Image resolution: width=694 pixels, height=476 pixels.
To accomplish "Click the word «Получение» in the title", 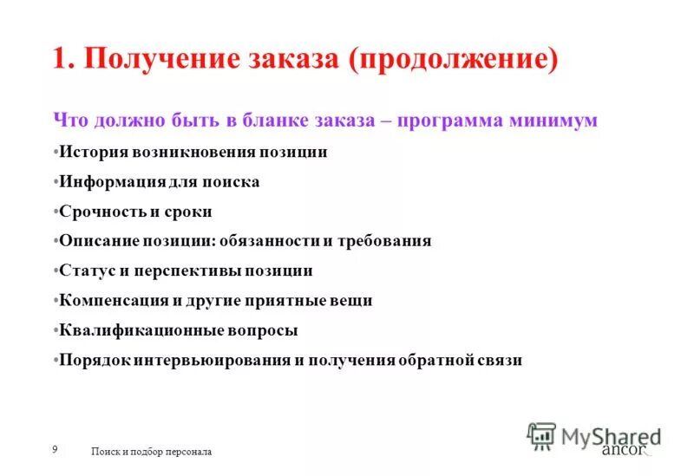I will tap(162, 61).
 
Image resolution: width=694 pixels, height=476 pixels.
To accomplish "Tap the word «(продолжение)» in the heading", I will tap(454, 61).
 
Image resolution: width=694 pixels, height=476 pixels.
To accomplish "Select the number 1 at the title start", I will tap(60, 61).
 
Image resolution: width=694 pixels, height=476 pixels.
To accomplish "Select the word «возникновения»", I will tap(194, 152).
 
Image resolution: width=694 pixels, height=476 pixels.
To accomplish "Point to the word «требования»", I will tap(389, 241).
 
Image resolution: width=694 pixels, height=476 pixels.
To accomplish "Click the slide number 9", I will tap(55, 448).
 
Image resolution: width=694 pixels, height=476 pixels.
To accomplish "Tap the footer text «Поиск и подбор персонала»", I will tap(151, 452).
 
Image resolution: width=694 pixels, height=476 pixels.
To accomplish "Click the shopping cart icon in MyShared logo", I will tap(541, 435).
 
